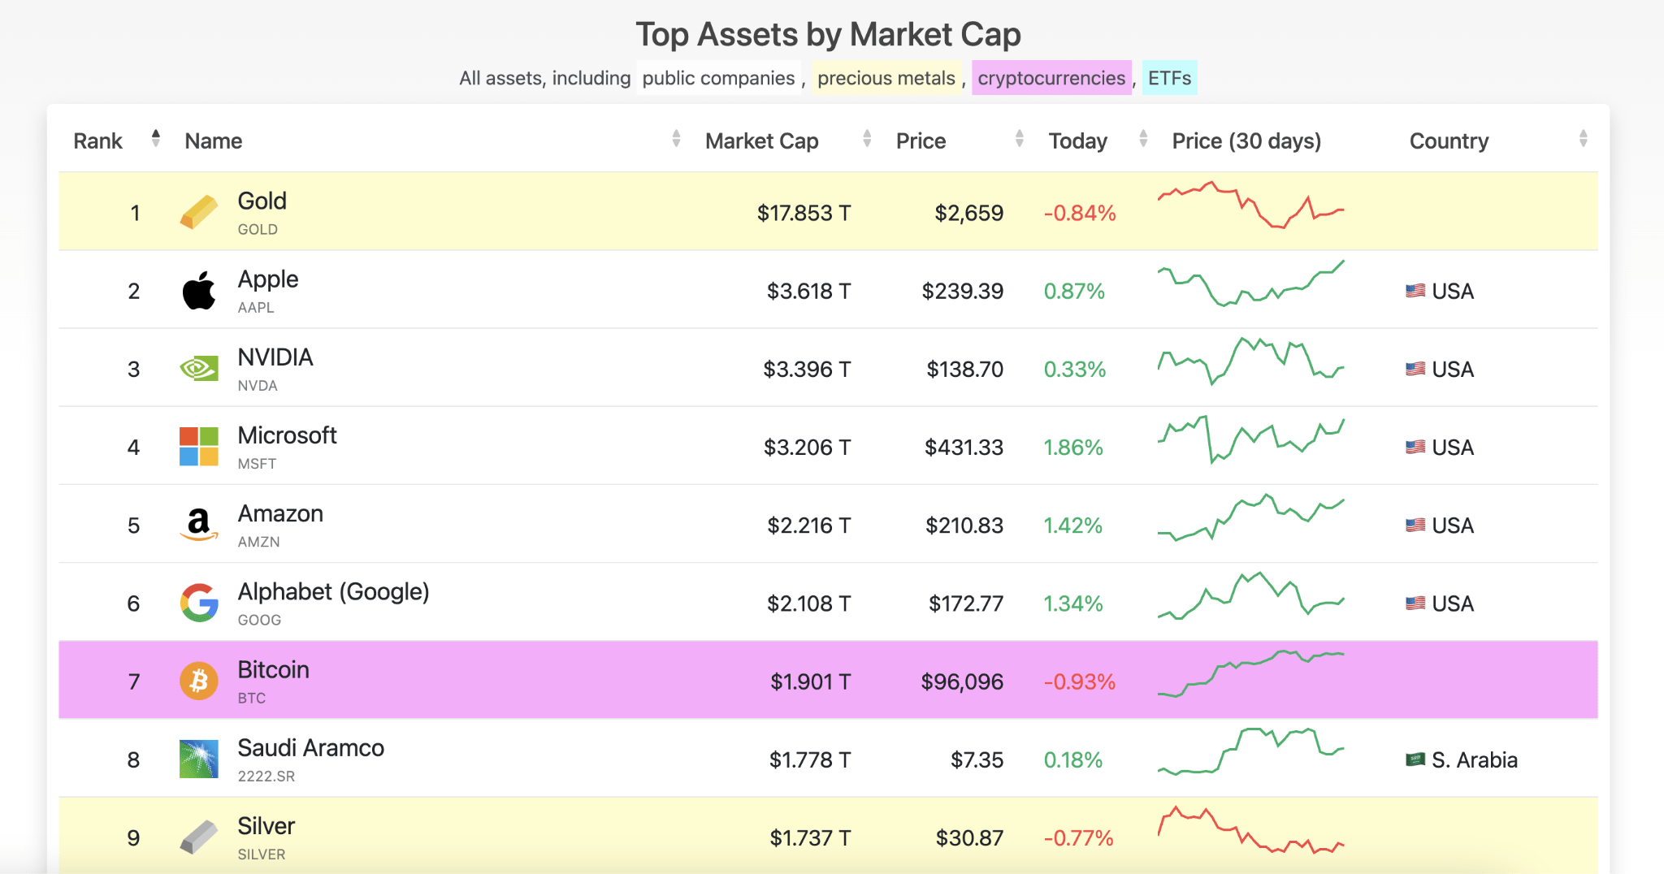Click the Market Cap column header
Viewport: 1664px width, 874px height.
click(761, 141)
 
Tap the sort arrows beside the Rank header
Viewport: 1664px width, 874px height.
click(155, 139)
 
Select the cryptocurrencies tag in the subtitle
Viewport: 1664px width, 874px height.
click(1051, 78)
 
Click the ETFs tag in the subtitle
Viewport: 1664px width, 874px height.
click(1168, 78)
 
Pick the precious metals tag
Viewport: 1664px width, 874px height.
click(886, 78)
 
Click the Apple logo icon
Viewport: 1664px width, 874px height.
click(199, 291)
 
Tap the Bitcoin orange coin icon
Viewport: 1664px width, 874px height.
click(199, 681)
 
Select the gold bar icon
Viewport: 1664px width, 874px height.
click(199, 212)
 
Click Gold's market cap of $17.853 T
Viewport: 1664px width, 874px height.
click(803, 213)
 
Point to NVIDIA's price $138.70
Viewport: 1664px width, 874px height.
click(964, 370)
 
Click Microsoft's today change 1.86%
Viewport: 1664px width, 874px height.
click(1072, 448)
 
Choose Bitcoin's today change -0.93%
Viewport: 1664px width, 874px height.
click(1079, 681)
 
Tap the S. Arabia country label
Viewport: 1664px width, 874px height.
click(1474, 760)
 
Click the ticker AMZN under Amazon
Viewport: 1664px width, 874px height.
click(258, 542)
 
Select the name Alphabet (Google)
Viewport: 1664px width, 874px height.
click(333, 591)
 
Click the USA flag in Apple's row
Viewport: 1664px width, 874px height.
click(1415, 291)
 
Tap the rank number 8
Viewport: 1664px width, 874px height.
click(133, 760)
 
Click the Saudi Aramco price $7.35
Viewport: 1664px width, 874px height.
click(977, 760)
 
